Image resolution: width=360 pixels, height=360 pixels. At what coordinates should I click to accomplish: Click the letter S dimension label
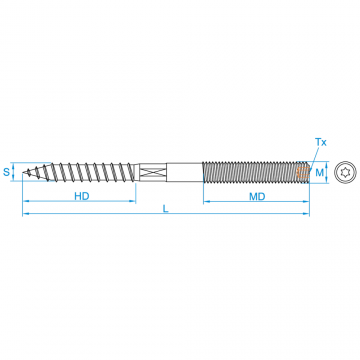pyautogui.click(x=7, y=172)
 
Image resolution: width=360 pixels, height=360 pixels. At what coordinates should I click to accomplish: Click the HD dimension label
pyautogui.click(x=82, y=197)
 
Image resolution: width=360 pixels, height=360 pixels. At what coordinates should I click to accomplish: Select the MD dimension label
pyautogui.click(x=256, y=197)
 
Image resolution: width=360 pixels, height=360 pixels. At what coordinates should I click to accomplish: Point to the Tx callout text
pyautogui.click(x=321, y=143)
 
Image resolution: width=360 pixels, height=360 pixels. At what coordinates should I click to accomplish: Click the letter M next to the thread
pyautogui.click(x=321, y=172)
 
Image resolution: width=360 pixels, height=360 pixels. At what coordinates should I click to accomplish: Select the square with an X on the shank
pyautogui.click(x=151, y=172)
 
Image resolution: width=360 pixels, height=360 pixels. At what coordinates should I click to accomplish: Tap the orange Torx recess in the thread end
pyautogui.click(x=301, y=172)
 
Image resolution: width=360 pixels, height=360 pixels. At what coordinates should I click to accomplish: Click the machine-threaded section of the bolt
pyautogui.click(x=250, y=172)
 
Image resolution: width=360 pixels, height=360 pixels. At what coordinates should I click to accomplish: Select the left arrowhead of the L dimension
pyautogui.click(x=26, y=214)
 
